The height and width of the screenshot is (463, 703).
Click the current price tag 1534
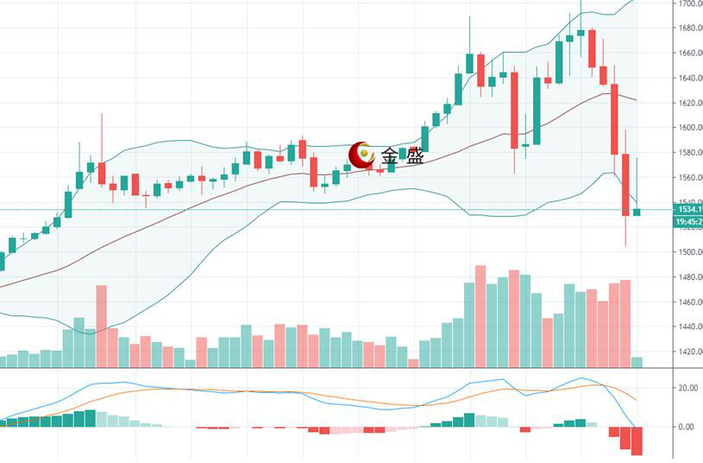point(688,209)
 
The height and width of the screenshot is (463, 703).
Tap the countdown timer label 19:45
point(688,222)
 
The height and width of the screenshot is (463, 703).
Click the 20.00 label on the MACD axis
point(687,388)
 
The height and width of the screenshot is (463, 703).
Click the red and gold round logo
point(361,155)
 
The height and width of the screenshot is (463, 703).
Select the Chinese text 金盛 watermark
point(403,156)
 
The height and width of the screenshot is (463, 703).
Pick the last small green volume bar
point(637,362)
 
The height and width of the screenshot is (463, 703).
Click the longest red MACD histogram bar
point(637,441)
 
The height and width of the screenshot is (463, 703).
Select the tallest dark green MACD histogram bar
point(90,418)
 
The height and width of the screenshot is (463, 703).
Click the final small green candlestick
point(637,212)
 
